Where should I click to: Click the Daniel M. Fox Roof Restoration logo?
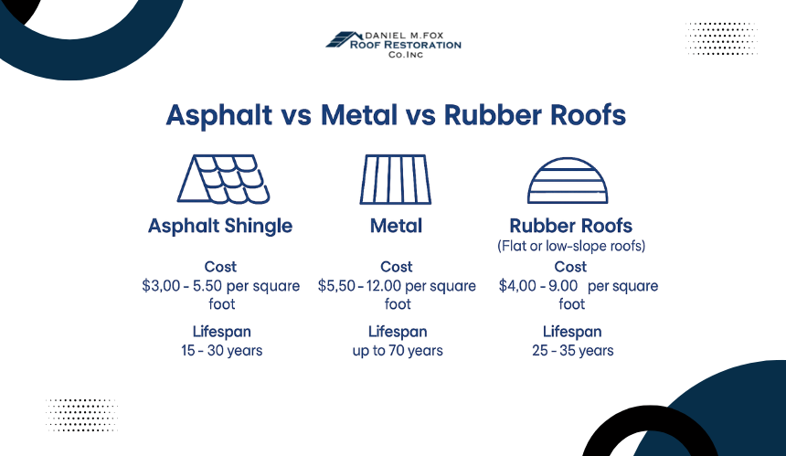point(394,45)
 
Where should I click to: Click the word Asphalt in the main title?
point(219,115)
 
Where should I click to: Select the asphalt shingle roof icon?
point(224,179)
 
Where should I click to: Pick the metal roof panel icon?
point(396,179)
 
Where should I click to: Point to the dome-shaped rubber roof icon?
point(568,180)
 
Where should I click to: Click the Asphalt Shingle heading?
point(220,226)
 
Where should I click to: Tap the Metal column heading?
point(396,226)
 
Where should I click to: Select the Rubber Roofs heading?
point(571,226)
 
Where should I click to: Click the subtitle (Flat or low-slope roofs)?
point(571,246)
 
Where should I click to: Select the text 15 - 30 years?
point(221,350)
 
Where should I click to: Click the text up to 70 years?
point(398,350)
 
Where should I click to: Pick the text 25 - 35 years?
point(572,350)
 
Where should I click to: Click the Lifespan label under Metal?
point(398,332)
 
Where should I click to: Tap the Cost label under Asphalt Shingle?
point(220,267)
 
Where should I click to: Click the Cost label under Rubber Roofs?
point(570,267)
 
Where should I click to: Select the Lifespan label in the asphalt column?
point(221,332)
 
